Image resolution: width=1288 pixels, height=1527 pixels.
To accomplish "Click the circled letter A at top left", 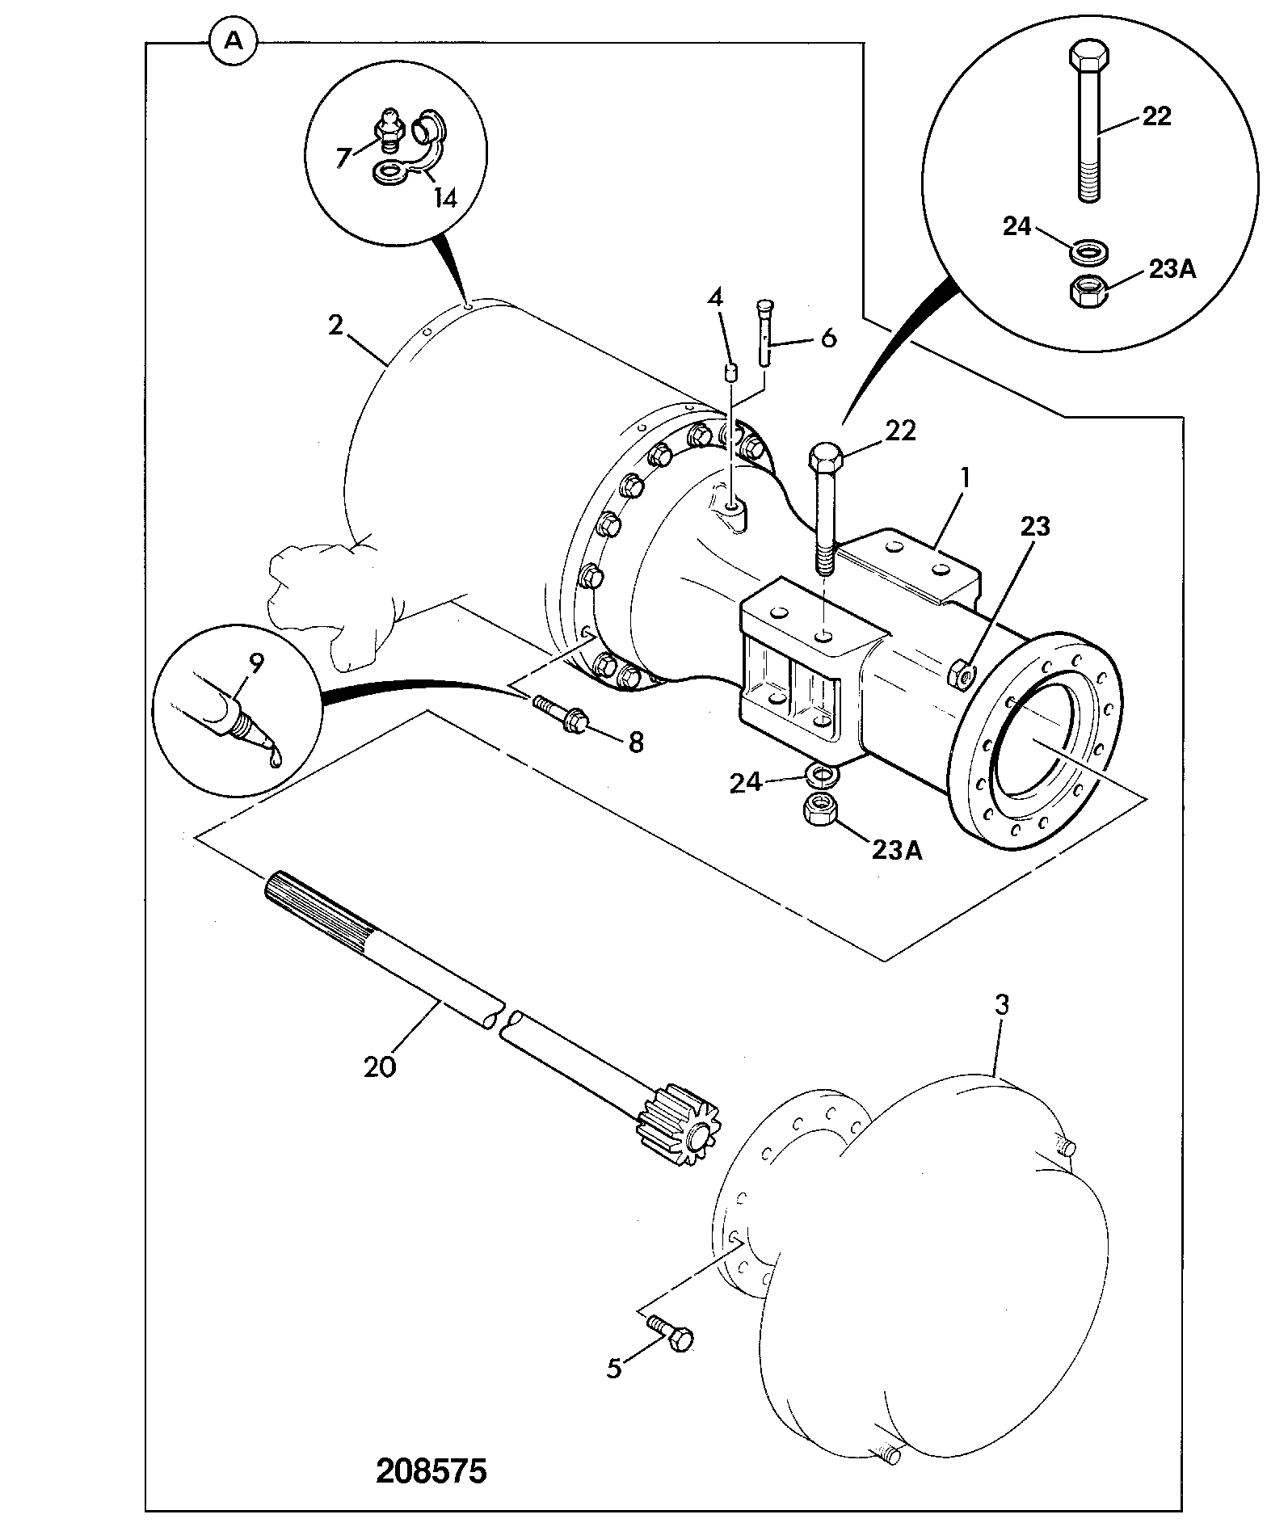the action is (233, 41).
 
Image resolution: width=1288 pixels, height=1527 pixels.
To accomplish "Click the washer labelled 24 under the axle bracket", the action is (823, 775).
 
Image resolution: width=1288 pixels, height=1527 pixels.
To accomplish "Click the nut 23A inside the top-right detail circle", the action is (1089, 291).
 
